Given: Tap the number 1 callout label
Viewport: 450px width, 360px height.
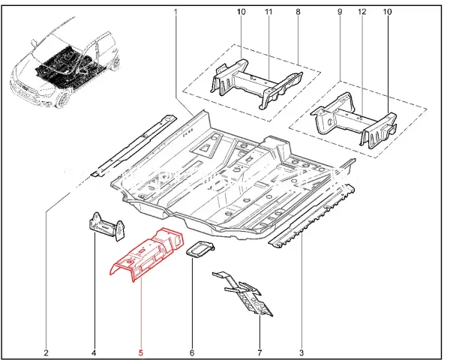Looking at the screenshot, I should pos(175,12).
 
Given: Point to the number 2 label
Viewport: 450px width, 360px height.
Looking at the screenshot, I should pos(46,352).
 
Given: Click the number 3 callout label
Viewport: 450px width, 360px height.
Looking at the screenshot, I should pos(302,352).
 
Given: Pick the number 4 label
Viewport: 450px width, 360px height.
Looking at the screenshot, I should pos(94,352).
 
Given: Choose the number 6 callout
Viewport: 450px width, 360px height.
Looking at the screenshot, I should pos(192,352).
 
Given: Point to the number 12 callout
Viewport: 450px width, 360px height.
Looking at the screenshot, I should pos(362,12).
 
